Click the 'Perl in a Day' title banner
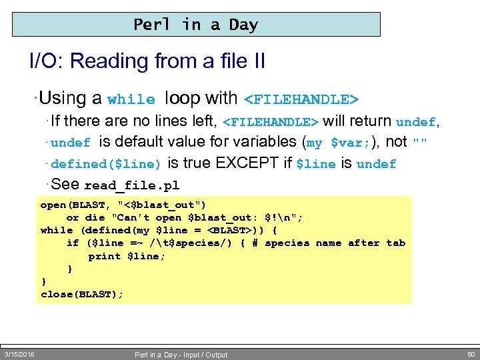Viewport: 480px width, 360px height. tap(196, 25)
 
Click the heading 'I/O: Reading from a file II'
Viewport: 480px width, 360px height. tap(147, 62)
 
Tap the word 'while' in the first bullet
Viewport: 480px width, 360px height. tap(131, 100)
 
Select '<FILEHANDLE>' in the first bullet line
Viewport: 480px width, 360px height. tap(302, 100)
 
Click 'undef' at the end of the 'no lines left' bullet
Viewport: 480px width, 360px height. tap(415, 123)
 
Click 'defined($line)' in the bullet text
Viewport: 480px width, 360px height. tap(106, 164)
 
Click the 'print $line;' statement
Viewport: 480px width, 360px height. tap(127, 256)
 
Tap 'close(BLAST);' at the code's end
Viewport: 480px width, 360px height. tap(82, 294)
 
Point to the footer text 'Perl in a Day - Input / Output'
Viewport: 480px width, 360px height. tap(181, 355)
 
